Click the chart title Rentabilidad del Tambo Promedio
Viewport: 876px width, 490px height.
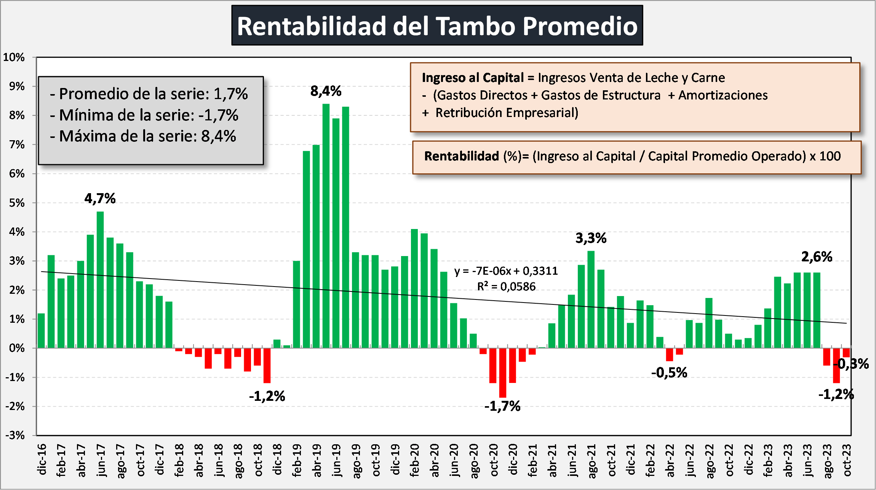(437, 26)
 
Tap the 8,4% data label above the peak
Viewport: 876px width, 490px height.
(326, 91)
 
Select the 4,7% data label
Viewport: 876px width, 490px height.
(100, 199)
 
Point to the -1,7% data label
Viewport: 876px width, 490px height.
(502, 406)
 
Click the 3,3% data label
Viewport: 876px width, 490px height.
(591, 238)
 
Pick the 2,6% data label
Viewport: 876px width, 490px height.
(817, 257)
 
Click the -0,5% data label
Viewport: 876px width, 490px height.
(669, 373)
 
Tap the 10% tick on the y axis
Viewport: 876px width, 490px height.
(14, 58)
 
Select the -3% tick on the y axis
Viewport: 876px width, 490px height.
(15, 435)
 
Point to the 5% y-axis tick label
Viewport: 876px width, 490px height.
(17, 203)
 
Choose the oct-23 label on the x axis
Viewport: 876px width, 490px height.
(847, 460)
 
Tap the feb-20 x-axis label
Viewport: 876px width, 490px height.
(415, 460)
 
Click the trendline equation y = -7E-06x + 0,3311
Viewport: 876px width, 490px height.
(506, 271)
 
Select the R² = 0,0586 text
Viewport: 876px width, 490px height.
(506, 287)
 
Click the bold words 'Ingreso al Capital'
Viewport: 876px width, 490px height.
(473, 78)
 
